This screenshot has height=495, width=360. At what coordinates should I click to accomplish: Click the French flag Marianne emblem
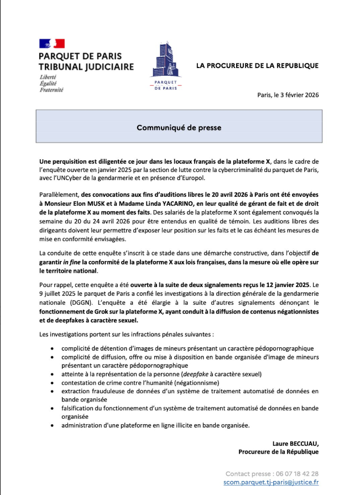(51, 44)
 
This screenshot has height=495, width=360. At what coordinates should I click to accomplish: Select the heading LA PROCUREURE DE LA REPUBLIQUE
(257, 66)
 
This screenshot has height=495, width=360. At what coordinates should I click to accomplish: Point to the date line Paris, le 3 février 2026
(288, 95)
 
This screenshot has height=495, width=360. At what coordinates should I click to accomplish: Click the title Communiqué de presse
(179, 127)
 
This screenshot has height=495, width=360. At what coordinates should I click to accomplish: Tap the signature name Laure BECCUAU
(295, 444)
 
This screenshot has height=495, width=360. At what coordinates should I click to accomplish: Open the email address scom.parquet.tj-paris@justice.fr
(272, 482)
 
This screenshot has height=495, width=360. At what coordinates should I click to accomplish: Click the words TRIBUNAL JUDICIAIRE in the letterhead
(86, 66)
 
